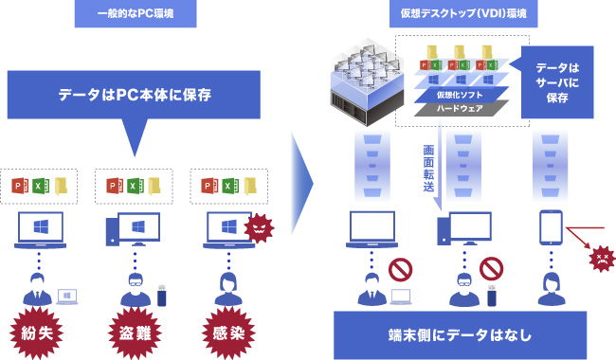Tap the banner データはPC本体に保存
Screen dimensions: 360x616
click(x=134, y=96)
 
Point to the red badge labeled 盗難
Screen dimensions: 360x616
click(x=135, y=333)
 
